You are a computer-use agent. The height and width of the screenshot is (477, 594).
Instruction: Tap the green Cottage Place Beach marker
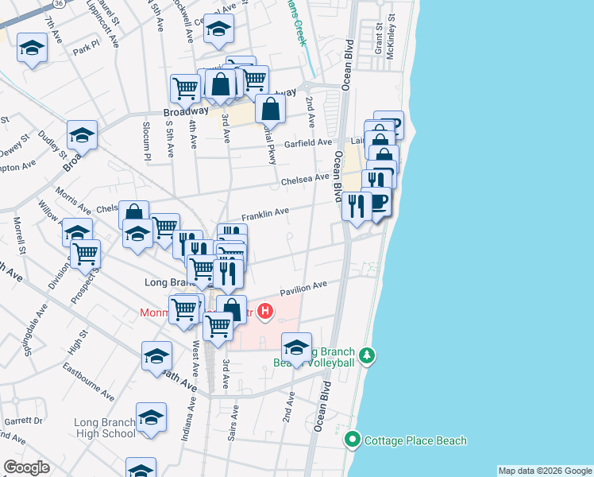tap(353, 440)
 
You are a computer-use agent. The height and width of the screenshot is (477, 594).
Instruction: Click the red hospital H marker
tap(266, 311)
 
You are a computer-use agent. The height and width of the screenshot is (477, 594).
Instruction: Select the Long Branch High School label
tap(105, 428)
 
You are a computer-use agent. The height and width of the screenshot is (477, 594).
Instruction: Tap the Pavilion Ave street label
tap(303, 286)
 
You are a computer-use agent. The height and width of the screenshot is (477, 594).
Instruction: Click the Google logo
tap(25, 467)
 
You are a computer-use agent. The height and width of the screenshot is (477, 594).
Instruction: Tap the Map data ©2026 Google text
tap(545, 471)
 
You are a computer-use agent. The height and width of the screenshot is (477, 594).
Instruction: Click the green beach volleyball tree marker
tap(366, 355)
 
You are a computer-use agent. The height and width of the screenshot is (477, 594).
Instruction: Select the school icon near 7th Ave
tap(33, 48)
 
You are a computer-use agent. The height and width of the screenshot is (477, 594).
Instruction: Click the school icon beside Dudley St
tap(82, 136)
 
